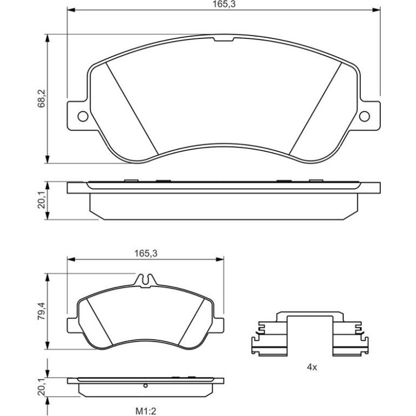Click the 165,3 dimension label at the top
tap(224, 4)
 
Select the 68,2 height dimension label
tap(42, 98)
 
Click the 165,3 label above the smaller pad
tap(146, 253)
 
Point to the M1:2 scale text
tap(146, 412)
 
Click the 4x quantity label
tap(312, 367)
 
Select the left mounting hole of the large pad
tap(83, 116)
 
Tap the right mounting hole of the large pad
tap(364, 116)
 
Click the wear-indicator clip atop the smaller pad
tap(145, 280)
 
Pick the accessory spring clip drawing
tap(310, 333)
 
